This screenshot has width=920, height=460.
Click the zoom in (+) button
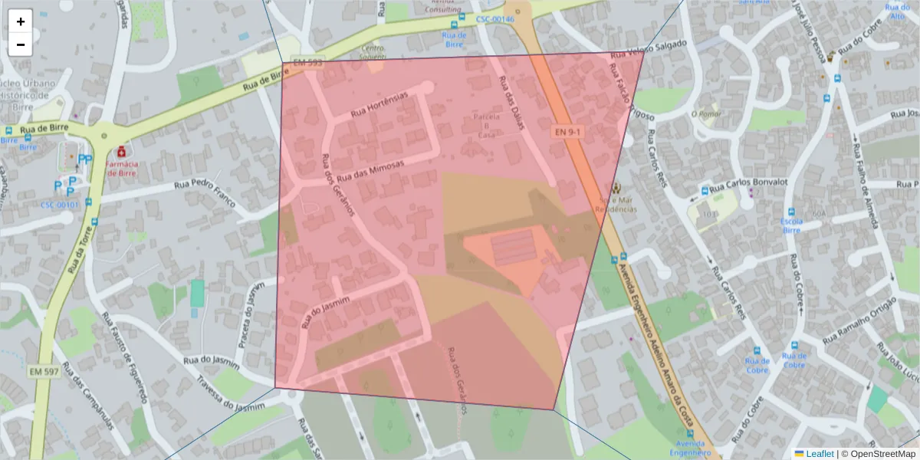tap(21, 21)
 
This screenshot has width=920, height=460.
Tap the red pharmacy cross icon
tap(121, 151)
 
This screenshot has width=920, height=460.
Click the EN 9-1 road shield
tap(568, 133)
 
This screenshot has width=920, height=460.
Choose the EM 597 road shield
tap(44, 371)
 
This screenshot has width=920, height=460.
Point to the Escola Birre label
tap(791, 225)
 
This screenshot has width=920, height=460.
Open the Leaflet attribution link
tap(820, 454)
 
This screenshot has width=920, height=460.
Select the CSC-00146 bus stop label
tap(495, 19)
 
